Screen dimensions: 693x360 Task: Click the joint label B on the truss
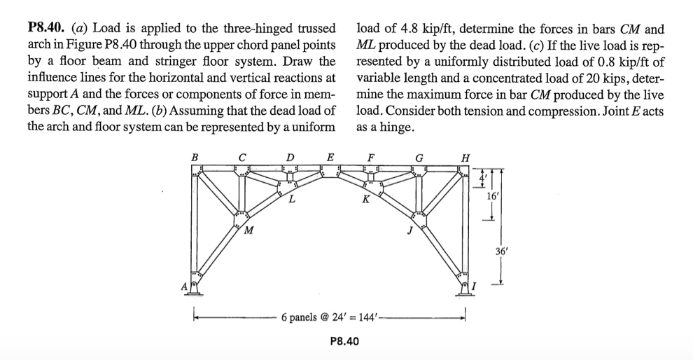195,157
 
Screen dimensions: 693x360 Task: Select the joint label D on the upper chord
290,156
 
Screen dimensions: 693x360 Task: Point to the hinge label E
330,156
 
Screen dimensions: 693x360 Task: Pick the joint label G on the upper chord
419,157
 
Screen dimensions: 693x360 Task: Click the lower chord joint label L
291,200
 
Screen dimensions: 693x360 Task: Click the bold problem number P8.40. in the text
50,29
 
